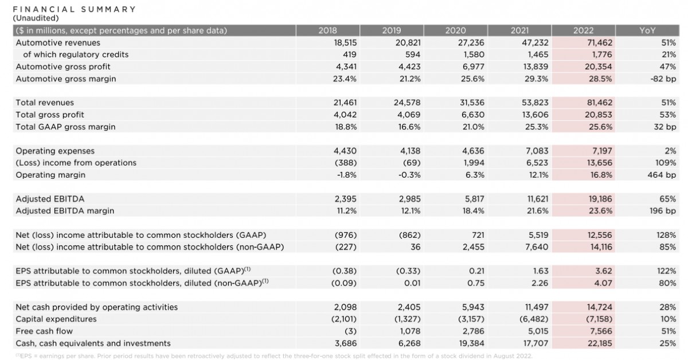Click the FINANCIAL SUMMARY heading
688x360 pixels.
[75, 9]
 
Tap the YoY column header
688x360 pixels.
[647, 30]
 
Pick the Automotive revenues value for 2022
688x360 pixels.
[600, 42]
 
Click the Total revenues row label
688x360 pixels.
[45, 103]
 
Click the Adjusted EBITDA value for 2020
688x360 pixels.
[472, 199]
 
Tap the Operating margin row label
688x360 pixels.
[50, 175]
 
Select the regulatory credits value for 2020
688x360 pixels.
[474, 54]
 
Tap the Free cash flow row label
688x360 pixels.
[44, 331]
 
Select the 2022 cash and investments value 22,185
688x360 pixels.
[600, 343]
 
